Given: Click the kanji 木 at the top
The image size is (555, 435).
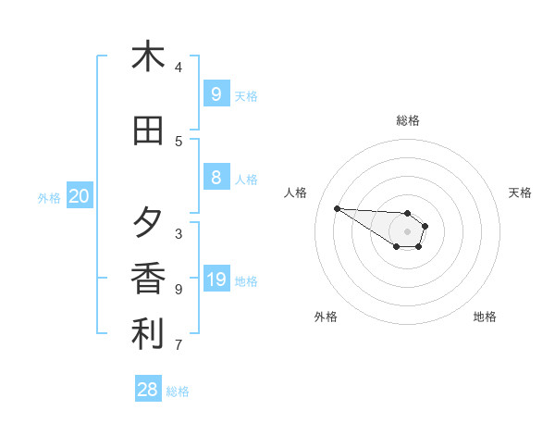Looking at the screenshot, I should pos(148,56).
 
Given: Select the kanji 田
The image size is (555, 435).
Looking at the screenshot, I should pos(148,131).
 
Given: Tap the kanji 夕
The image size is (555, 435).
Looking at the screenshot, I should pos(148,223).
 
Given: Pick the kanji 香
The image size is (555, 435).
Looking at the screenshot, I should pos(148,279).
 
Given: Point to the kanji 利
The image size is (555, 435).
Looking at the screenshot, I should pos(148,335).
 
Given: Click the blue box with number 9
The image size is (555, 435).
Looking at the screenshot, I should pos(216,93).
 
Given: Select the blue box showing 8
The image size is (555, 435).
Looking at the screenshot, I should pos(216,178).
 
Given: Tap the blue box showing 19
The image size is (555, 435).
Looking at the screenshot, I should pos(216,280).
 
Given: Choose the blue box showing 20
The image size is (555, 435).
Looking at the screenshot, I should pos(80,196).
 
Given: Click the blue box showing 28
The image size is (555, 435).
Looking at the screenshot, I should pos(148,390).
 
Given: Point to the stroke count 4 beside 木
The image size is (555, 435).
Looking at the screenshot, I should pos(179,67).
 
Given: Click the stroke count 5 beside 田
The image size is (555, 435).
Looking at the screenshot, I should pos(179,142).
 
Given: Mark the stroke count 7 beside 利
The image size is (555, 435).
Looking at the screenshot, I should pos(179,346).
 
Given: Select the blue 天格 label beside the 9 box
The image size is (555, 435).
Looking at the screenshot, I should pos(246,95).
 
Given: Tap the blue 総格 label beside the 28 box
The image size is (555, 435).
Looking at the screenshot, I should pos(178,391).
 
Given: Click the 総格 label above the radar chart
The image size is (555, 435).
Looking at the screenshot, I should pos(408,120).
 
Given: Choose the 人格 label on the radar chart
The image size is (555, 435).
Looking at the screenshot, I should pos(295,193).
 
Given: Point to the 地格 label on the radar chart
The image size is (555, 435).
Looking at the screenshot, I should pos(485,317).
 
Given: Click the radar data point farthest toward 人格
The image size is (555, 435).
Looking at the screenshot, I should pos(337,208).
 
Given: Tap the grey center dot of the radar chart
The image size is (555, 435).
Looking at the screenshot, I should pos(407,231).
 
